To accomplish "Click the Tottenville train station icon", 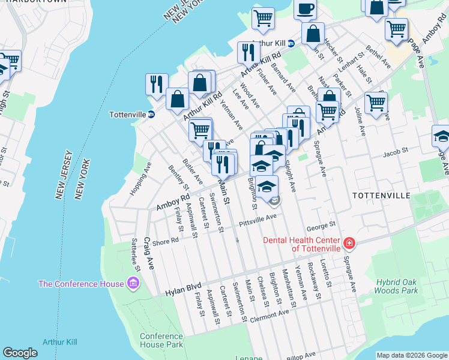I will [152, 114].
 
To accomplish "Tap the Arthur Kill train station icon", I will [291, 43].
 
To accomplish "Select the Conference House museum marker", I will [133, 283].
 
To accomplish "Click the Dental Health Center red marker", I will [349, 244].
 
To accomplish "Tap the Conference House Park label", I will [161, 340].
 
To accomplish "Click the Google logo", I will [20, 353].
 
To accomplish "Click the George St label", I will [320, 226].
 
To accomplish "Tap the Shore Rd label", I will [166, 241].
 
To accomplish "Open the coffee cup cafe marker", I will [305, 9].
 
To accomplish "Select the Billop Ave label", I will [301, 355].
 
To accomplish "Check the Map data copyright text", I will [411, 355].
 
